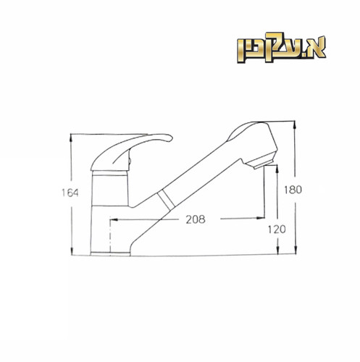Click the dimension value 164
70,193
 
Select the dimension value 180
293,190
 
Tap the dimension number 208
196,219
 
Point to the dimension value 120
277,230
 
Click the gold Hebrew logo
282,48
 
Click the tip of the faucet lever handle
172,138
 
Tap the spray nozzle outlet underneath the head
262,164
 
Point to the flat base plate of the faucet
110,253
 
